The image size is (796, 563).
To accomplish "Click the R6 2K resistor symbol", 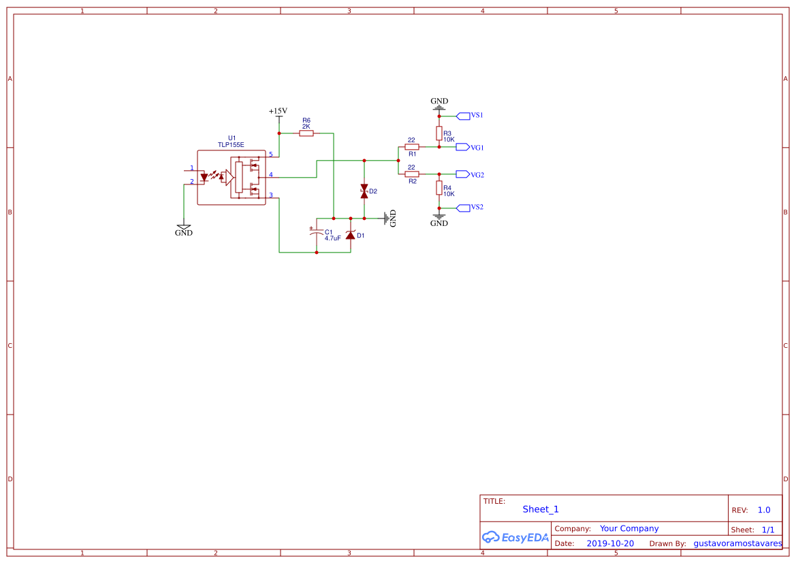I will (306, 133).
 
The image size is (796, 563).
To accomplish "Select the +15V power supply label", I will (278, 111).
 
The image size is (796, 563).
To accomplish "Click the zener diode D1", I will (351, 235).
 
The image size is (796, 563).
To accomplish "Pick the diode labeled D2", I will (364, 191).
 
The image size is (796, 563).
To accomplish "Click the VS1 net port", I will (463, 116).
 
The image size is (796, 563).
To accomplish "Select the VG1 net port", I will (463, 147).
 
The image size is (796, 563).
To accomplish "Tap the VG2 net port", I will (463, 174).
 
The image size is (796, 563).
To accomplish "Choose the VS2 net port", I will (463, 207).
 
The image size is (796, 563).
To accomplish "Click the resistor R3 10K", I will (439, 133).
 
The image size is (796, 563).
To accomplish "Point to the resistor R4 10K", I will (439, 188).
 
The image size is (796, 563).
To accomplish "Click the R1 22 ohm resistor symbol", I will (411, 146).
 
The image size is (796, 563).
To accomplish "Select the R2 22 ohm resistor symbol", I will (411, 174).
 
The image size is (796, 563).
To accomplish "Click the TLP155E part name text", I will (231, 145).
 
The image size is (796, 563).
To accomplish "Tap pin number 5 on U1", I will (271, 155).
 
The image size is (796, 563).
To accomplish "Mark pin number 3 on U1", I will (271, 195).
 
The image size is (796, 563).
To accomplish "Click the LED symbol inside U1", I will (204, 177).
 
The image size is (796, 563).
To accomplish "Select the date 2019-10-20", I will (609, 543).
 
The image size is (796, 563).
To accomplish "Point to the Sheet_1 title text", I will (541, 509).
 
